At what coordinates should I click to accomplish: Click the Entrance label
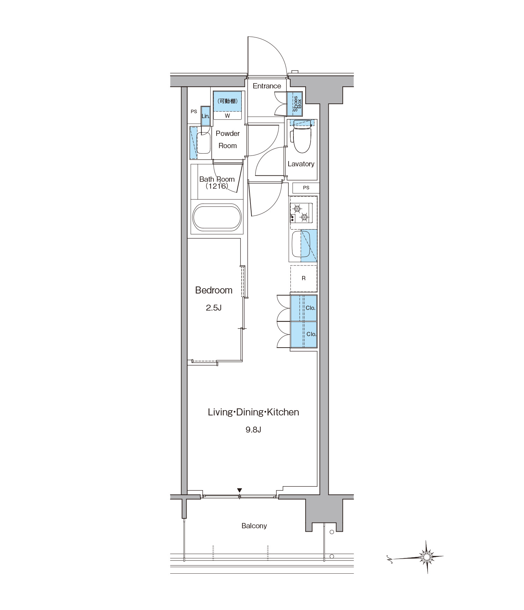267,86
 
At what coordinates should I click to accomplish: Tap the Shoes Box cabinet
294,104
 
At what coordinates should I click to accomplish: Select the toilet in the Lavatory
301,137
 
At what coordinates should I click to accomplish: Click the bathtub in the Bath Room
217,218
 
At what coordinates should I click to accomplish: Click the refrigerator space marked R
304,278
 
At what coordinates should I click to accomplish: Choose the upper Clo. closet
304,308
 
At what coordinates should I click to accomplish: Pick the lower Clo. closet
304,335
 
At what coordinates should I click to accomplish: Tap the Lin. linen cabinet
205,116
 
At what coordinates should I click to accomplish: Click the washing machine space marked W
227,116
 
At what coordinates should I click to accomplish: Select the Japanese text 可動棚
227,101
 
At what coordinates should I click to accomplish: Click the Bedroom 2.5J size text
214,308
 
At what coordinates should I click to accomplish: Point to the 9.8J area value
253,430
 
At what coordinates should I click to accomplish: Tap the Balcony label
254,526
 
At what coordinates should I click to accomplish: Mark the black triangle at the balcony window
239,491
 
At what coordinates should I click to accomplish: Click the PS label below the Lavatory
306,188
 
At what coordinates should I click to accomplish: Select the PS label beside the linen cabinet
194,112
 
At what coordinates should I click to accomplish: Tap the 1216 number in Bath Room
217,186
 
